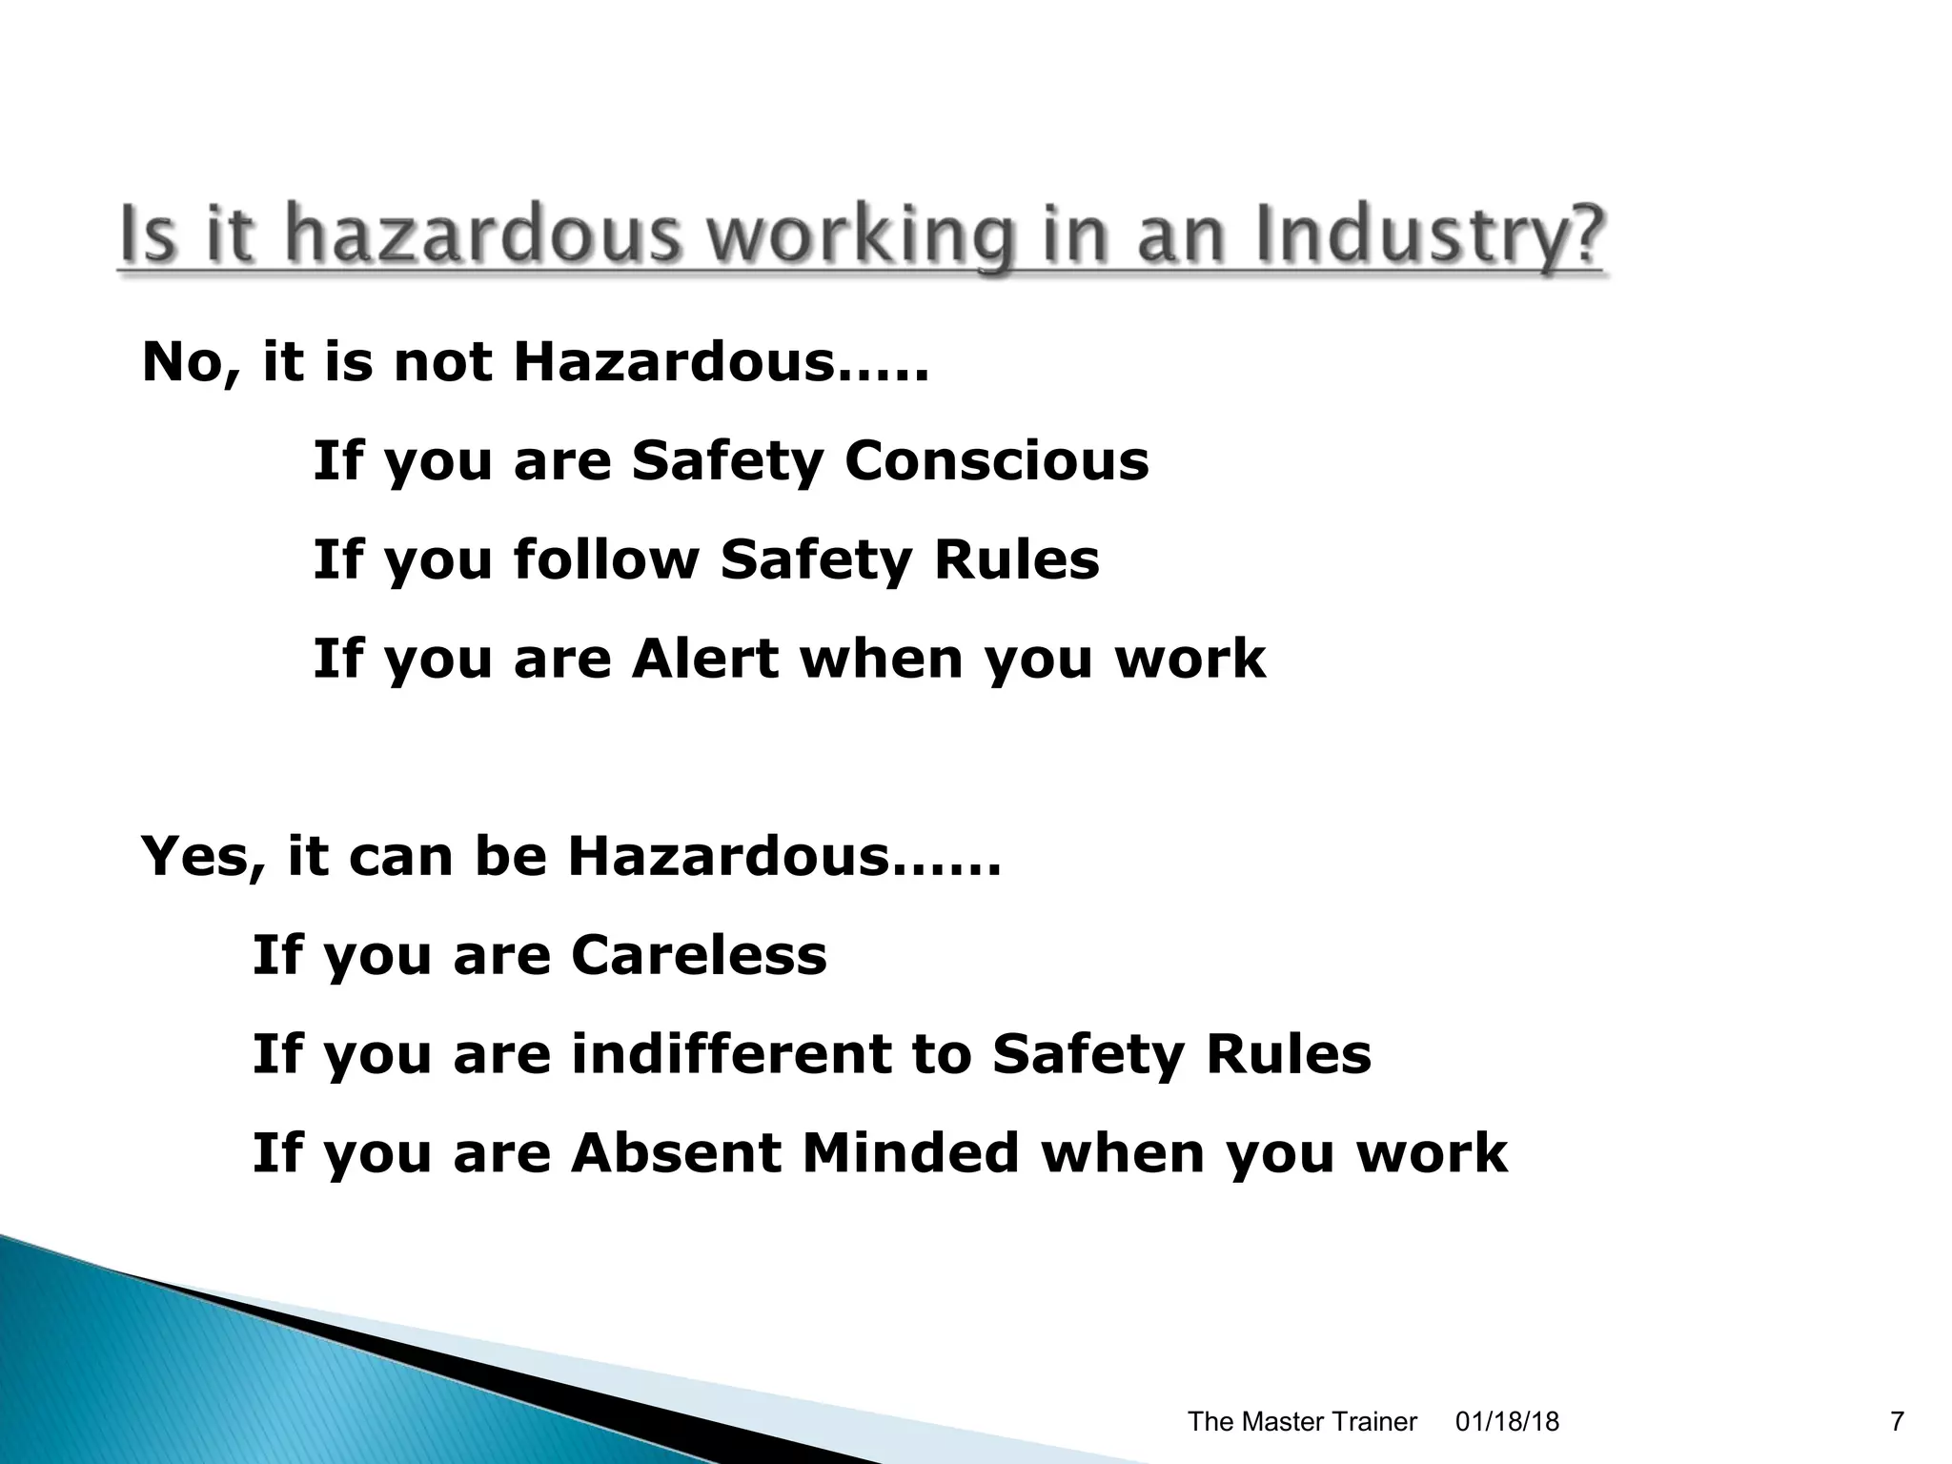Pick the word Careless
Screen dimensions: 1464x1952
tap(699, 955)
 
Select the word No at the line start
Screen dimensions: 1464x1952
tap(187, 363)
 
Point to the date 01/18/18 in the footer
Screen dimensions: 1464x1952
tap(1507, 1422)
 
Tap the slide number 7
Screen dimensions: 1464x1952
tap(1897, 1422)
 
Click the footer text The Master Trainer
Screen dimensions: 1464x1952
tap(1302, 1422)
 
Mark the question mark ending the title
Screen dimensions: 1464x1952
tap(1577, 236)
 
